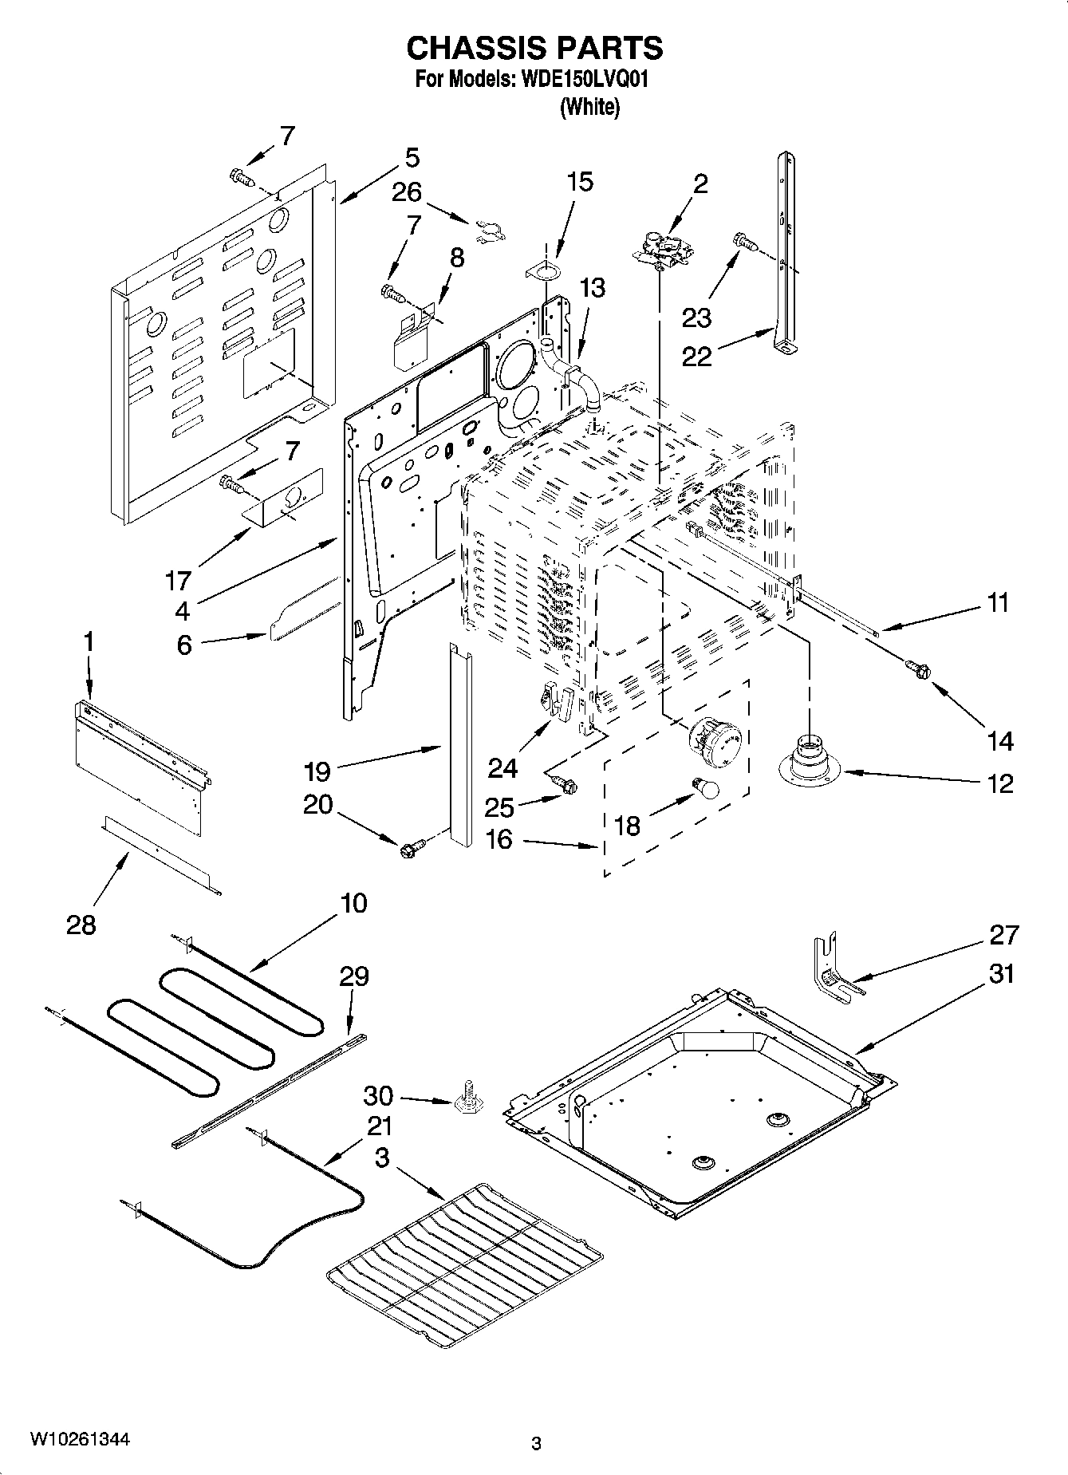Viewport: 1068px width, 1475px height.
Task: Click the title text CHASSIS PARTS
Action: coord(534,49)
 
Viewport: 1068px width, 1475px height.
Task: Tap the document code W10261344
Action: coord(80,1439)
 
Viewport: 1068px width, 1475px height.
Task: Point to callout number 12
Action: coord(999,783)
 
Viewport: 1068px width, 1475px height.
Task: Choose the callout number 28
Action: coord(81,925)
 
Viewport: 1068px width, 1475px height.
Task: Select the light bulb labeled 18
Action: coord(706,787)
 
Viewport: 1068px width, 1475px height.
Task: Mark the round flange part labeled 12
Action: coord(810,760)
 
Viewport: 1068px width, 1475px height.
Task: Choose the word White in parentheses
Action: coord(589,106)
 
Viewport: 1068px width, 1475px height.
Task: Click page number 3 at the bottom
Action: coord(536,1443)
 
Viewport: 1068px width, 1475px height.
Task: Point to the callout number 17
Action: coord(179,580)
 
